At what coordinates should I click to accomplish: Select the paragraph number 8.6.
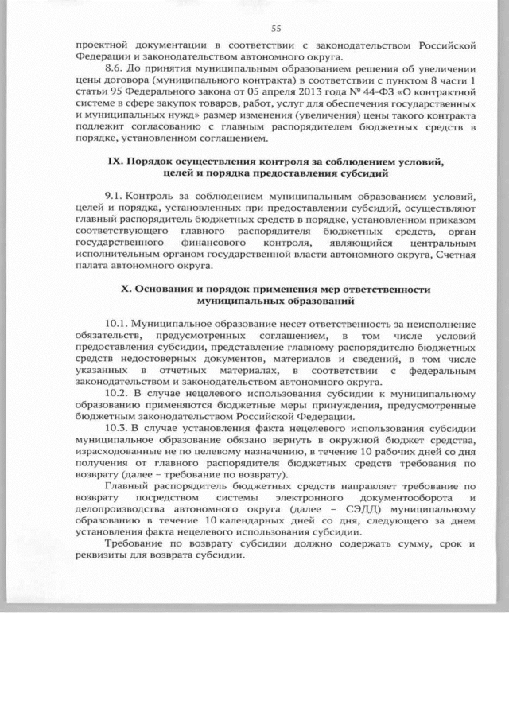pos(115,70)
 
